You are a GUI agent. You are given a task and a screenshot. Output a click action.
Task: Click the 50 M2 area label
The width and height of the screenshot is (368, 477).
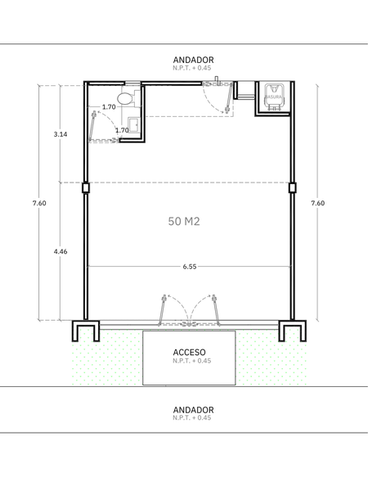(x=184, y=221)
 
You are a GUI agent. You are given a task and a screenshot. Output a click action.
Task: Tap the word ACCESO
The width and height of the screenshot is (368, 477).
(x=189, y=353)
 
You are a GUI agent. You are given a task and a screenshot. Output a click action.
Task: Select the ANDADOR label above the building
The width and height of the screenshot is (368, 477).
(x=193, y=60)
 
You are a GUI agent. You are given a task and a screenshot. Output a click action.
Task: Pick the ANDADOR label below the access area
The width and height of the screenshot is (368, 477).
(x=193, y=409)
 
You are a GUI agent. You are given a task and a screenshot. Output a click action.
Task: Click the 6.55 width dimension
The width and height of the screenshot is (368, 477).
(x=190, y=267)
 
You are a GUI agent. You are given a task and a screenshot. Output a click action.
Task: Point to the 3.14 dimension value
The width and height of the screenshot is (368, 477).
(x=61, y=134)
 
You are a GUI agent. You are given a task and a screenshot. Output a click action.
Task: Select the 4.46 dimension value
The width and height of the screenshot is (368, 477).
(x=61, y=251)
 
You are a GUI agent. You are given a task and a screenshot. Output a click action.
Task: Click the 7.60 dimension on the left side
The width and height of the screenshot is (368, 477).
(x=39, y=203)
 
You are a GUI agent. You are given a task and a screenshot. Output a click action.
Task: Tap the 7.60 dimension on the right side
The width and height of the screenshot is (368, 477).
(x=318, y=203)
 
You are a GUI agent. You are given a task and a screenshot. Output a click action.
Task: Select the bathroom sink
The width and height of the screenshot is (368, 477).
(x=133, y=125)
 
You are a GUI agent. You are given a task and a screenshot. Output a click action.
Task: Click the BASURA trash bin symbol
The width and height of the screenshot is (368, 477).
(x=273, y=97)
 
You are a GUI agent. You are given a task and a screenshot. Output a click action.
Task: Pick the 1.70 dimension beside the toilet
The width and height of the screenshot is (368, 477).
(x=109, y=107)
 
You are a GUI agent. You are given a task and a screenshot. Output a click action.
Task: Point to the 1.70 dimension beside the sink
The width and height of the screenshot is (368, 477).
(x=122, y=130)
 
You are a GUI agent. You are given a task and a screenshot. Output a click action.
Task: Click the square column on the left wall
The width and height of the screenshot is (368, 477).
(x=86, y=187)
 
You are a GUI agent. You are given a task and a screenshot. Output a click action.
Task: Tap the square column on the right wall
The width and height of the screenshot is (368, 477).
(x=292, y=187)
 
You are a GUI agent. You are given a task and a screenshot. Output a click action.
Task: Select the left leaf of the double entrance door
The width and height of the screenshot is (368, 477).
(x=162, y=310)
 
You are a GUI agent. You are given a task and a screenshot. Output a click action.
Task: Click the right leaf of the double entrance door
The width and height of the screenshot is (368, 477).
(x=216, y=310)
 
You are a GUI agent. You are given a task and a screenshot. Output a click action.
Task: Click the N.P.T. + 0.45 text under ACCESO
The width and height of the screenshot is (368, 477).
(x=192, y=361)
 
